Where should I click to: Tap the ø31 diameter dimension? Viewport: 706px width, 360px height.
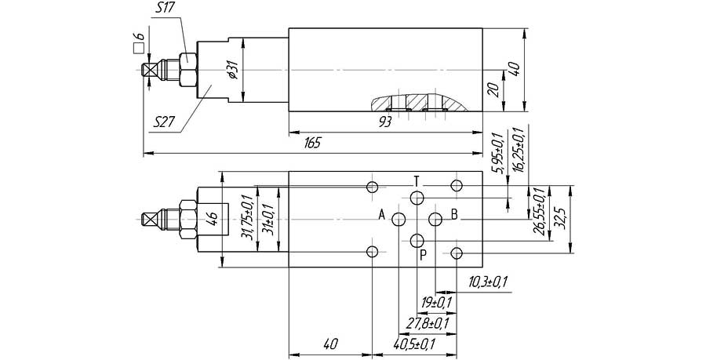click(x=233, y=70)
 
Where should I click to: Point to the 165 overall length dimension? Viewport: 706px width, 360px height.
click(x=312, y=144)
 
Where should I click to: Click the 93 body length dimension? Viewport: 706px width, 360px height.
click(x=385, y=122)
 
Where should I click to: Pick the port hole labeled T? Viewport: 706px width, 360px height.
click(x=417, y=198)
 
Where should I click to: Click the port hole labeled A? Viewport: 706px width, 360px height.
click(x=398, y=220)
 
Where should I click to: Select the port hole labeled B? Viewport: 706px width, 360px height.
click(x=435, y=220)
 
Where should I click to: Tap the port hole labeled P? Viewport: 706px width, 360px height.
click(x=417, y=241)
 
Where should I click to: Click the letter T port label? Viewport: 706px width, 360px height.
click(x=417, y=182)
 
